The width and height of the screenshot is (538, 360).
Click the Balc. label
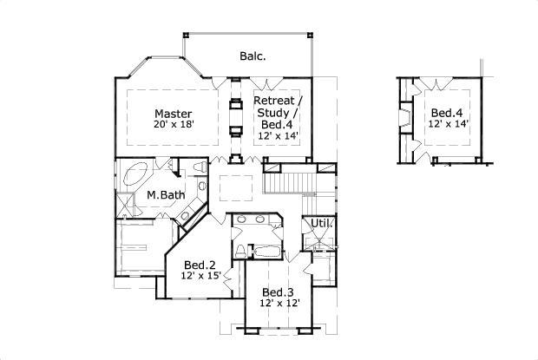pyautogui.click(x=253, y=56)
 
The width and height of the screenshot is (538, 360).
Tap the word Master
pyautogui.click(x=174, y=114)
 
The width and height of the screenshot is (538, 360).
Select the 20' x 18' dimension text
pyautogui.click(x=174, y=125)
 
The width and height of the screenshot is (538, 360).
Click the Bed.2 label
pyautogui.click(x=200, y=265)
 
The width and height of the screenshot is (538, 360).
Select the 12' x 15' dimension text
pyautogui.click(x=201, y=276)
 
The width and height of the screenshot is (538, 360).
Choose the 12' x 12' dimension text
pyautogui.click(x=280, y=303)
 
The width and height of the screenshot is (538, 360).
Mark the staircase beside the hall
pyautogui.click(x=289, y=183)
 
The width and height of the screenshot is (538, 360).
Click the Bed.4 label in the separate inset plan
pyautogui.click(x=447, y=113)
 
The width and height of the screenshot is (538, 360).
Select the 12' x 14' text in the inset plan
pyautogui.click(x=448, y=125)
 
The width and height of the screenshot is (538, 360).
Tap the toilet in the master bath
pyautogui.click(x=199, y=167)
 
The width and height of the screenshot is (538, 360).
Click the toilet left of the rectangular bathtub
pyautogui.click(x=249, y=252)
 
